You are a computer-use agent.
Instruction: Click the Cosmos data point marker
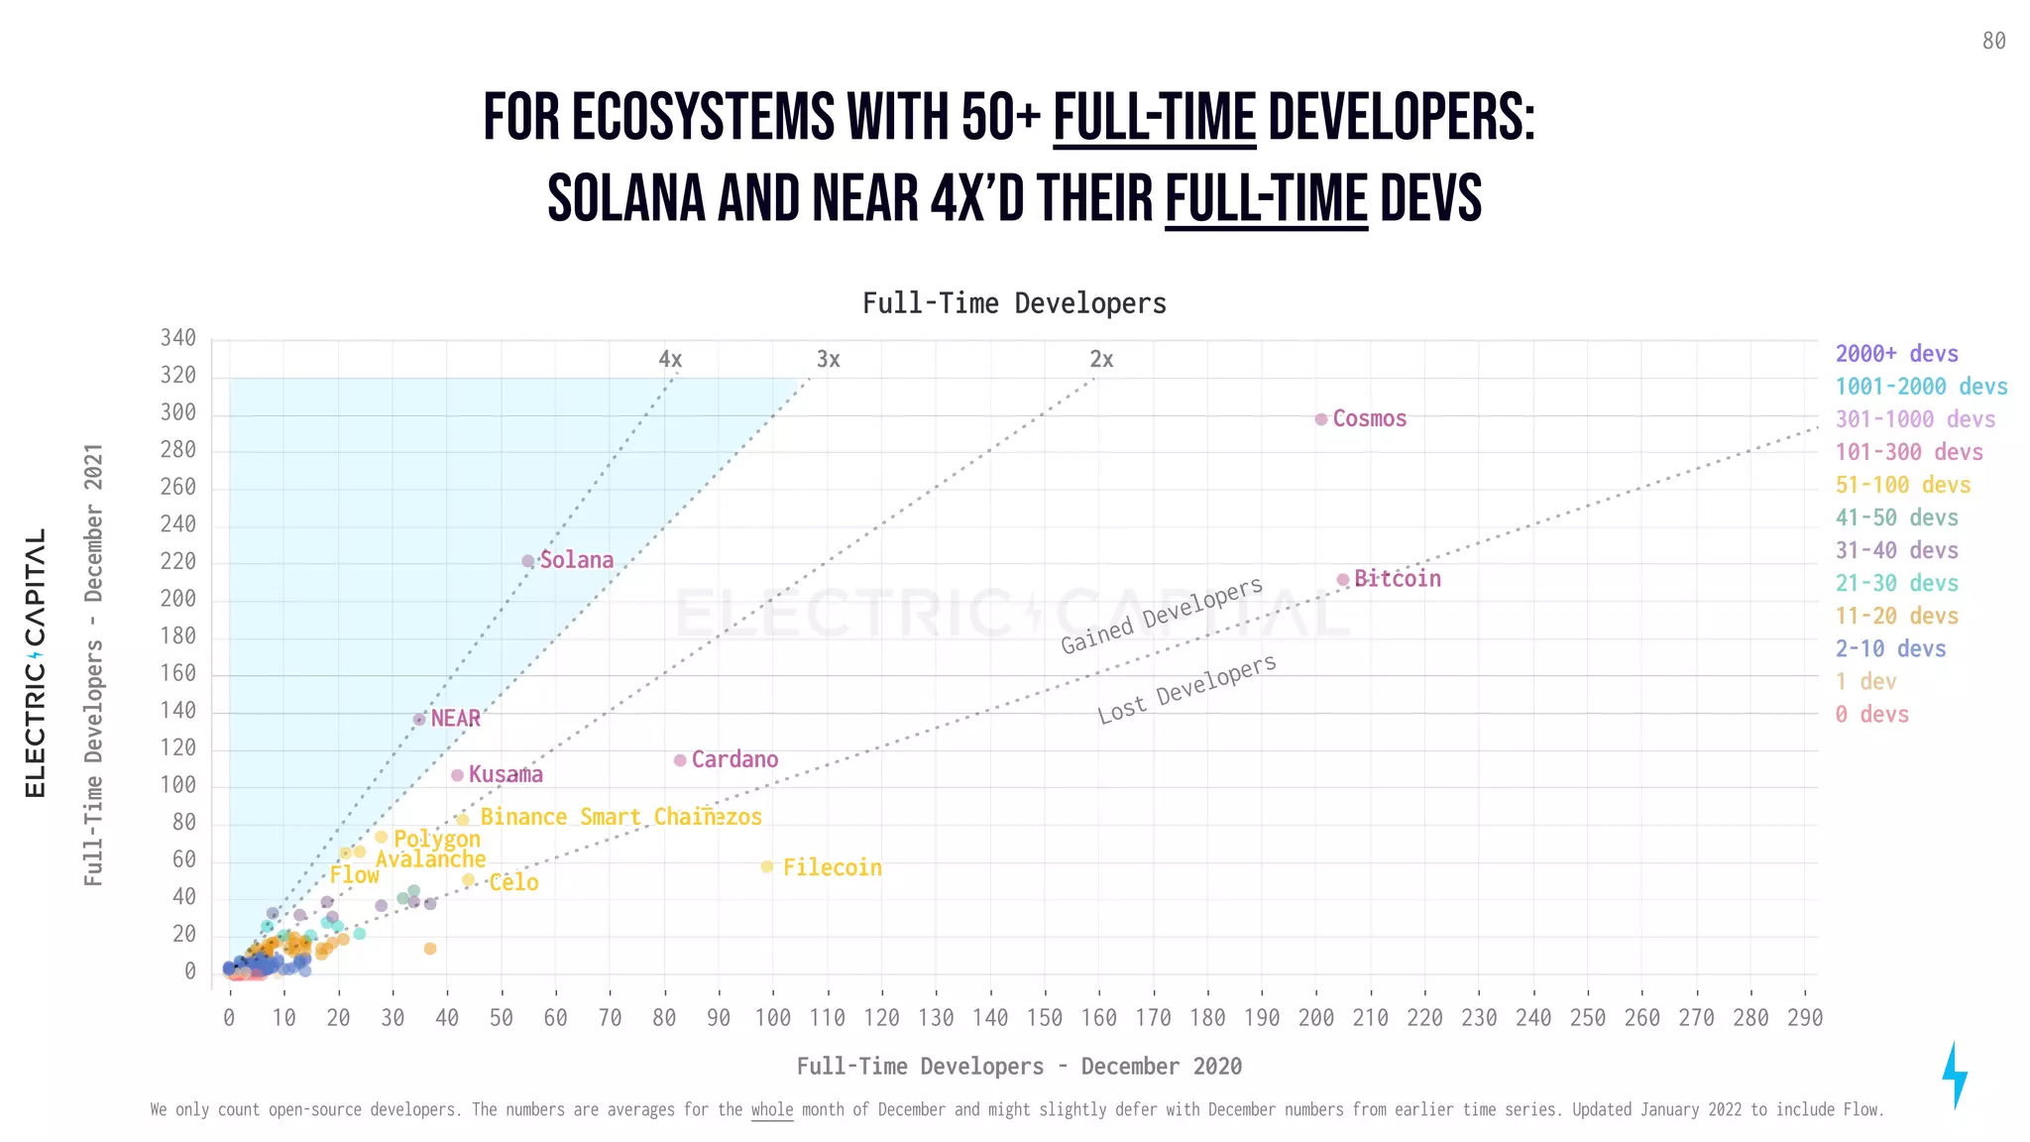(1320, 419)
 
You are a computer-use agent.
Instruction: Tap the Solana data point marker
(528, 561)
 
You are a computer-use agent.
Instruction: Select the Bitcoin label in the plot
(1397, 579)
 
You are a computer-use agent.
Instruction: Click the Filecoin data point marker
(766, 867)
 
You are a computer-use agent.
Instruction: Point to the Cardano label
(734, 759)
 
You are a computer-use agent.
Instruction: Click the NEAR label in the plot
(455, 719)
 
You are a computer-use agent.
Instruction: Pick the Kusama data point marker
(457, 775)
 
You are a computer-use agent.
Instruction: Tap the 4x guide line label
(670, 360)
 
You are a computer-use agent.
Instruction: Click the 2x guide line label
(1101, 360)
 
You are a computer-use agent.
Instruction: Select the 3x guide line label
(828, 360)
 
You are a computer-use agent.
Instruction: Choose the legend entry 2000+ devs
(1896, 354)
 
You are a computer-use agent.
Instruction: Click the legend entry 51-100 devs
(1902, 485)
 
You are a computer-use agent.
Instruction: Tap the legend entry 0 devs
(1871, 714)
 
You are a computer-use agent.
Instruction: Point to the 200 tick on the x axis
(1316, 1018)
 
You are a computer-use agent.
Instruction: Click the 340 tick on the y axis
(178, 338)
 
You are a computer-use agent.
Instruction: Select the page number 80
(1993, 41)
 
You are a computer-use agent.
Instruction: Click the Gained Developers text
(1162, 616)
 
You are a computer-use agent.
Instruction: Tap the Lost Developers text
(1186, 689)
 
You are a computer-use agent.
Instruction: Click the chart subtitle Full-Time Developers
(1014, 303)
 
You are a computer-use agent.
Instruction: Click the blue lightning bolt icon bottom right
(1954, 1075)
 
